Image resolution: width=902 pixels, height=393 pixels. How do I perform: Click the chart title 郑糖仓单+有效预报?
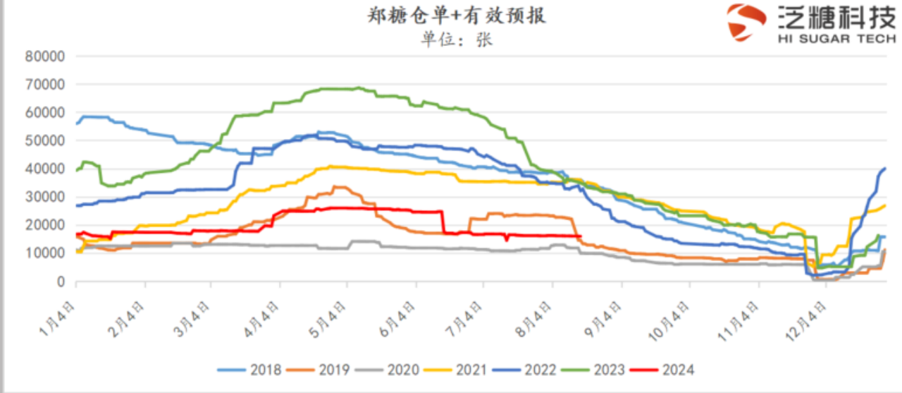pos(457,16)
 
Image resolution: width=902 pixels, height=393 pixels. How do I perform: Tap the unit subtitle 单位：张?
pos(457,39)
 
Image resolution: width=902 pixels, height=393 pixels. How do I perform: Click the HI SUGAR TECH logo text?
pos(836,39)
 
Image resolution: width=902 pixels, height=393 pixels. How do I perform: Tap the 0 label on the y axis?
pos(61,282)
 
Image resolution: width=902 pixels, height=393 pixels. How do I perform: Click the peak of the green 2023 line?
pos(358,88)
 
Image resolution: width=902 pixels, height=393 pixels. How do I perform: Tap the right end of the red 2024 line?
pos(579,236)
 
